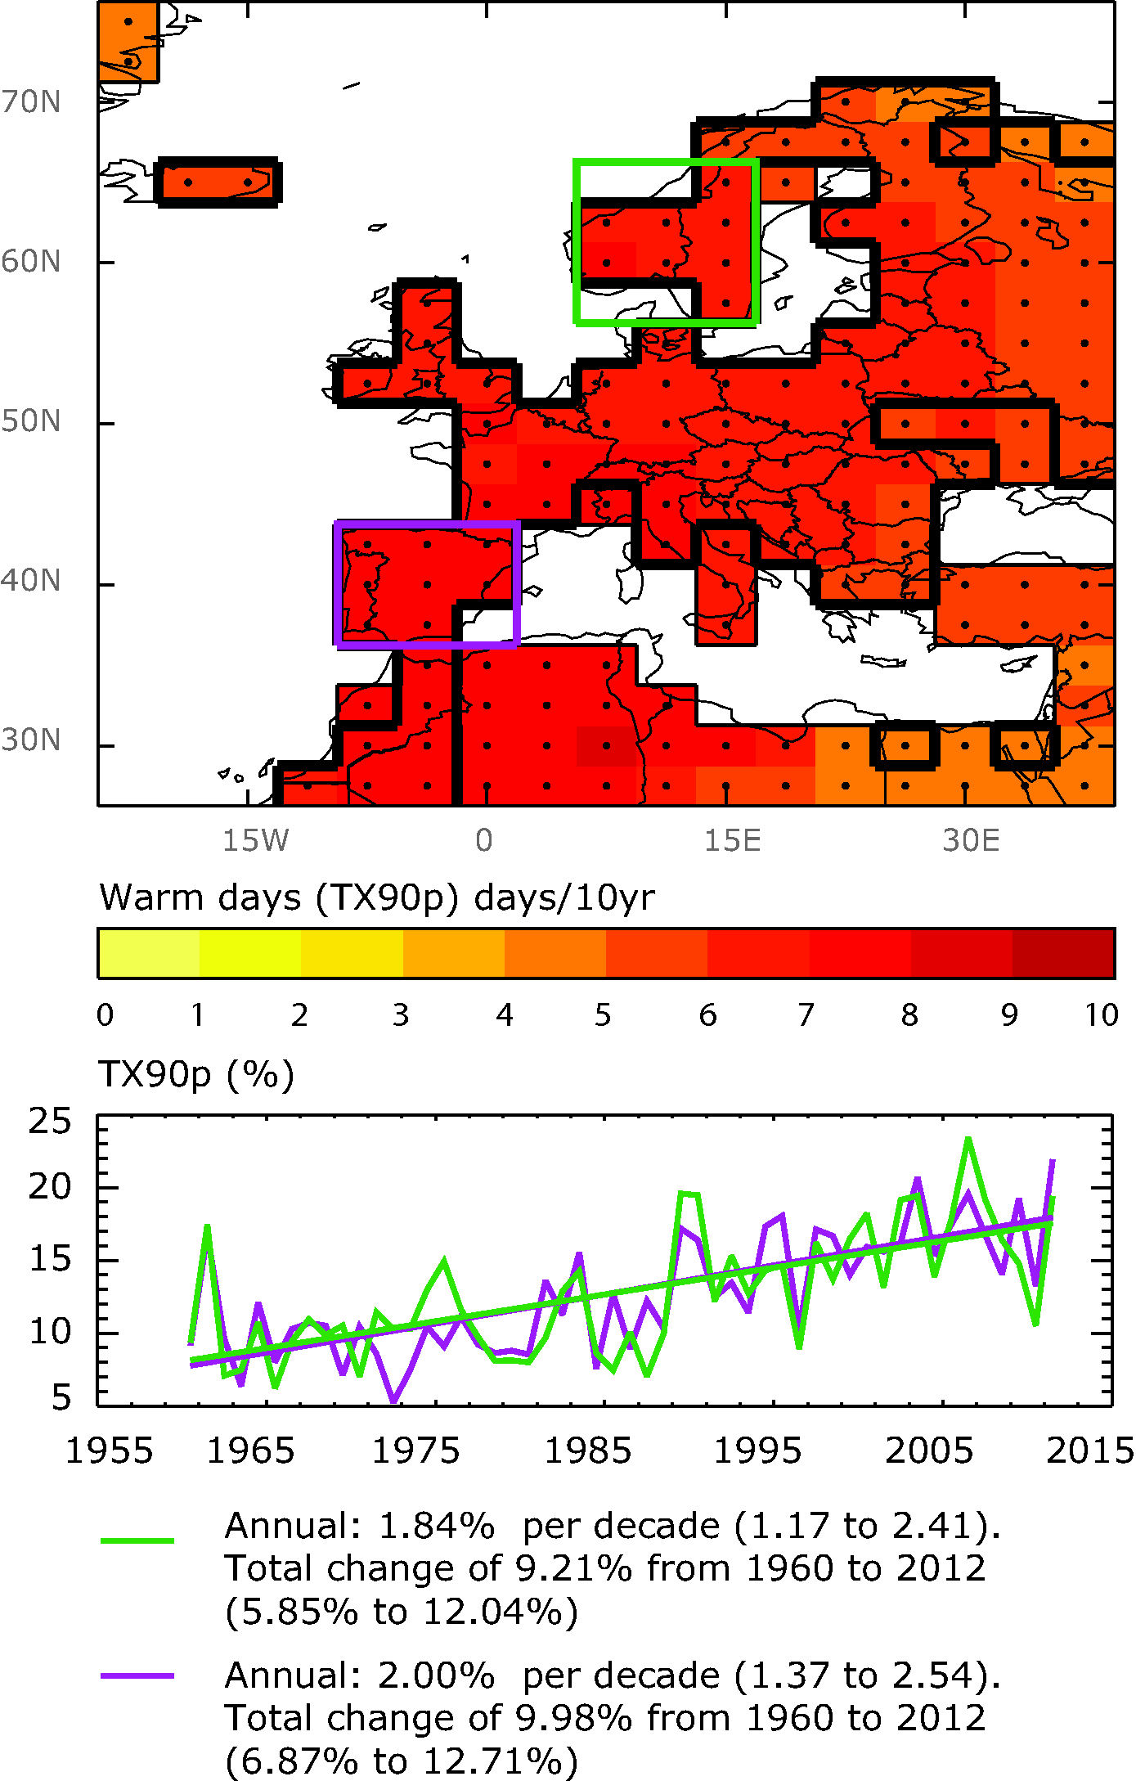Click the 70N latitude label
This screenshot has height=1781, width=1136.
[31, 102]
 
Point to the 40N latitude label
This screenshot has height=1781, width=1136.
[31, 581]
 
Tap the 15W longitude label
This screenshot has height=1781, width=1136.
[256, 840]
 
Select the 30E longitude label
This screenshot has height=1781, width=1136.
[971, 840]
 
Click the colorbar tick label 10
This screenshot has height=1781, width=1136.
[1101, 1015]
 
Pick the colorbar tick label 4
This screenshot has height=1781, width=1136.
[504, 1015]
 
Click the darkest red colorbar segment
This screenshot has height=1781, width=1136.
[1063, 953]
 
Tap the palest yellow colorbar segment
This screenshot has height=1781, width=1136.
[148, 953]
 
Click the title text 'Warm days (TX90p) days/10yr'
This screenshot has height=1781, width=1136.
[377, 897]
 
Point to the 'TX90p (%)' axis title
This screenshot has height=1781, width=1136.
[196, 1074]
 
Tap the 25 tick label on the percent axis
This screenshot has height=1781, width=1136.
[50, 1121]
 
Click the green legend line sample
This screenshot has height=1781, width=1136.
[137, 1540]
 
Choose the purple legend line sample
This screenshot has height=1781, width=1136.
[137, 1675]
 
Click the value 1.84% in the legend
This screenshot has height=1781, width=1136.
[437, 1526]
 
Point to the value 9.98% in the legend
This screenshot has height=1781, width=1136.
[573, 1718]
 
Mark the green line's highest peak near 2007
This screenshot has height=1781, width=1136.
[968, 1139]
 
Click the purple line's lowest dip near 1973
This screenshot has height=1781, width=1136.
[394, 1401]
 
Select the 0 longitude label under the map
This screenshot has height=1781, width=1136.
[484, 840]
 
